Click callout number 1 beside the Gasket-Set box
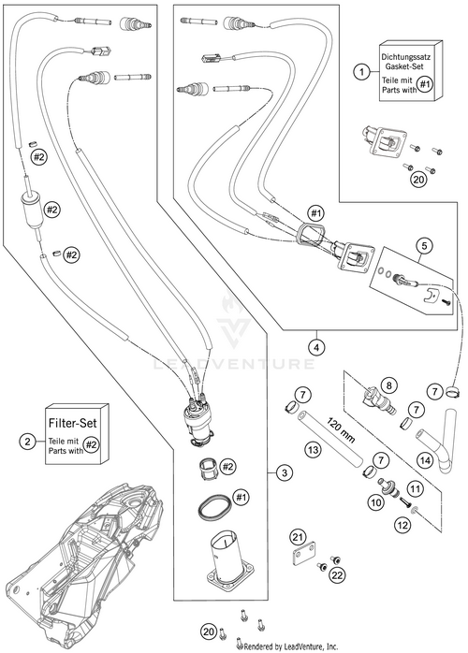click(359, 71)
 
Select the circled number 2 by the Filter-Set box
click(29, 440)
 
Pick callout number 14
click(423, 459)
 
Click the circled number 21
click(297, 536)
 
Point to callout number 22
click(335, 573)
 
